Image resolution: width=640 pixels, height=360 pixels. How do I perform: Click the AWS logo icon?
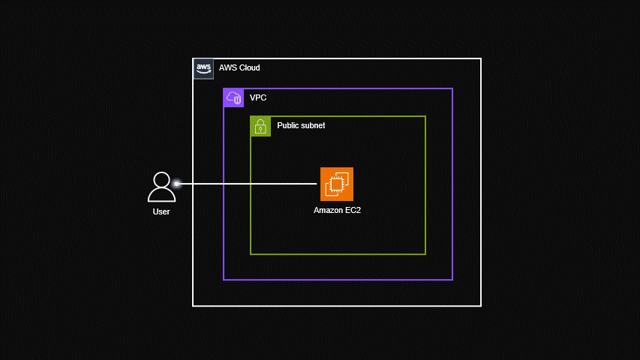coord(203,68)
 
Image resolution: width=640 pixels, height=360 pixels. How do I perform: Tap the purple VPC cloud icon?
coord(233,97)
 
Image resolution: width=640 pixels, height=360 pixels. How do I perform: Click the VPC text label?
coord(258,98)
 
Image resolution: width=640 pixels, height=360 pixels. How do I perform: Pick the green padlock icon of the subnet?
coord(260,126)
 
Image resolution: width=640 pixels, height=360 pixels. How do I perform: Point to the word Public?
coord(290,126)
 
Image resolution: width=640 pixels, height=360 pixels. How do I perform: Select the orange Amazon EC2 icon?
coord(336,184)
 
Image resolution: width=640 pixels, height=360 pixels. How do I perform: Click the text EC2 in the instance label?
coord(353,211)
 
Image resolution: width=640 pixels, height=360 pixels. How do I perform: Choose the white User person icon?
coord(161,187)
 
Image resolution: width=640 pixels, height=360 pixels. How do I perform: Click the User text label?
coord(161,211)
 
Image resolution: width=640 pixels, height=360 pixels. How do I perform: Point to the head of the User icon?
coord(161,180)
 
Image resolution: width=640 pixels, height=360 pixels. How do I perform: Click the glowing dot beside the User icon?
coord(177,184)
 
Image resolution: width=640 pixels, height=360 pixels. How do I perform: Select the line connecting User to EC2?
coord(248,184)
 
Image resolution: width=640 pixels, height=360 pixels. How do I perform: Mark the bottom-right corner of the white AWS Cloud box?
coord(480,306)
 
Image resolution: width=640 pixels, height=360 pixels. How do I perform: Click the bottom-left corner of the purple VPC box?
coord(224,280)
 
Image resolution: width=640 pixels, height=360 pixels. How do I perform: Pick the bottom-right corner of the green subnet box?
coord(425,254)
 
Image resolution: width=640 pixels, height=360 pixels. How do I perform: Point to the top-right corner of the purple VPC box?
coord(452,88)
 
